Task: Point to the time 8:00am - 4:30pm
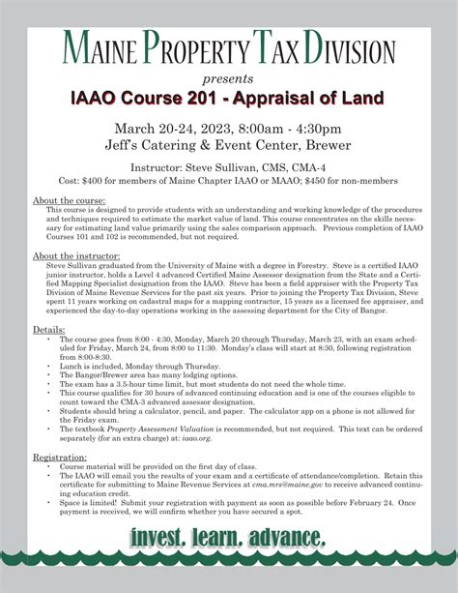[x=289, y=129]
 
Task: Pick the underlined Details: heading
[x=49, y=329]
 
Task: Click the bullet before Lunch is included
[x=49, y=367]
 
